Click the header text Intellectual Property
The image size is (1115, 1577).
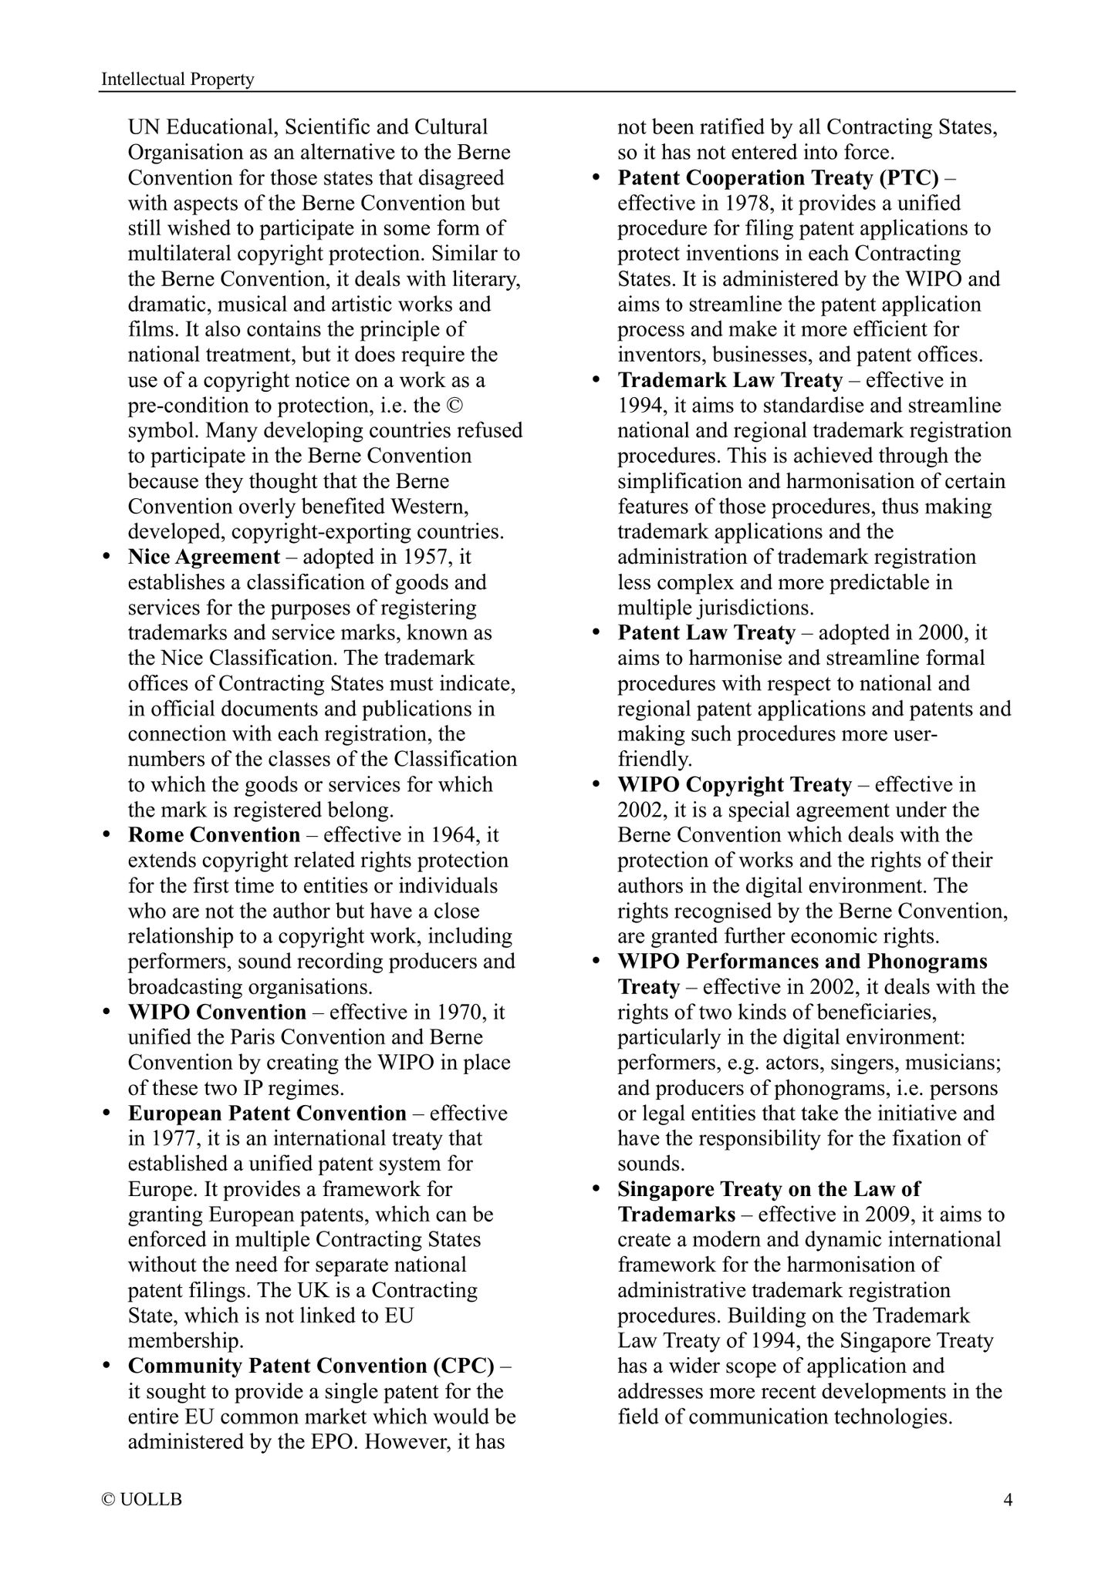[177, 79]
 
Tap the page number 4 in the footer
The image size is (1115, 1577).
[1007, 1499]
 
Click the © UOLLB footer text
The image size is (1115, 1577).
[142, 1499]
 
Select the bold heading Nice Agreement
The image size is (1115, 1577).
[204, 557]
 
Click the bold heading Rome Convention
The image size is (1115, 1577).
[214, 835]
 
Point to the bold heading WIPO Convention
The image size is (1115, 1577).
[217, 1012]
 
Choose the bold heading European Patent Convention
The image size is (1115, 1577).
[267, 1114]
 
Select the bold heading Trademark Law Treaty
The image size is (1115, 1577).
[730, 380]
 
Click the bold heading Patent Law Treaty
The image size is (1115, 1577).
[706, 633]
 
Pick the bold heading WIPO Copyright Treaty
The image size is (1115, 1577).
[735, 785]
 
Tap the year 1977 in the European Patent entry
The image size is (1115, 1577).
[173, 1139]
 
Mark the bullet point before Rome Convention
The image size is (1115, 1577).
[107, 836]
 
